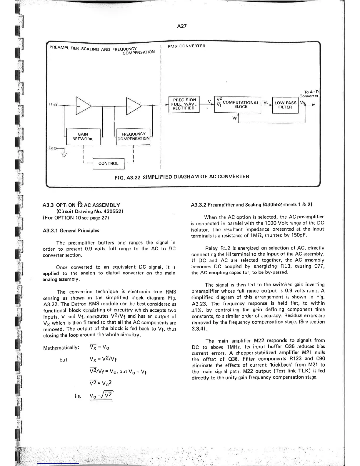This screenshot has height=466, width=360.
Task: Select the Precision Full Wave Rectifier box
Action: point(184,104)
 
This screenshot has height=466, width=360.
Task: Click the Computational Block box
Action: point(238,104)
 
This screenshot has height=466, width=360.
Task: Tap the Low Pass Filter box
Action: point(285,105)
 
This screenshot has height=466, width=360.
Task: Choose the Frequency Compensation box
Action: point(134,136)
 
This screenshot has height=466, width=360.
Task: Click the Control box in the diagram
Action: point(108,164)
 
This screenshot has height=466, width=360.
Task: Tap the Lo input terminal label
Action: point(51,148)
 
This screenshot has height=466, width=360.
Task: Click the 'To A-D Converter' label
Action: point(309,94)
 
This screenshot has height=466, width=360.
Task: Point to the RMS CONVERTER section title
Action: point(186,46)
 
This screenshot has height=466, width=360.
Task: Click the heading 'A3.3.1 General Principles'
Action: point(71,231)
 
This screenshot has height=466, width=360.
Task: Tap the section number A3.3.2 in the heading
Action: point(199,205)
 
